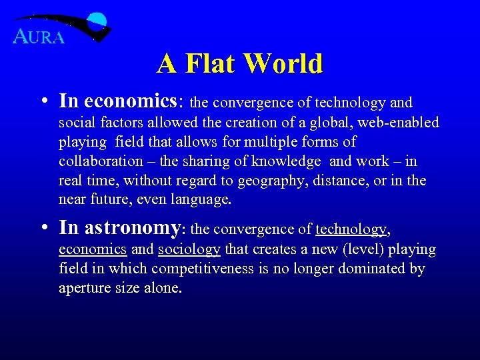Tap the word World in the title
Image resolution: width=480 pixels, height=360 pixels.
(x=283, y=64)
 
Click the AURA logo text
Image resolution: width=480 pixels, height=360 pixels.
(x=39, y=37)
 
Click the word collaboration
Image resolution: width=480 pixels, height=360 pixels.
(x=101, y=161)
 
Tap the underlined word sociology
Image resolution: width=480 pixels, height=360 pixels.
(x=189, y=250)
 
